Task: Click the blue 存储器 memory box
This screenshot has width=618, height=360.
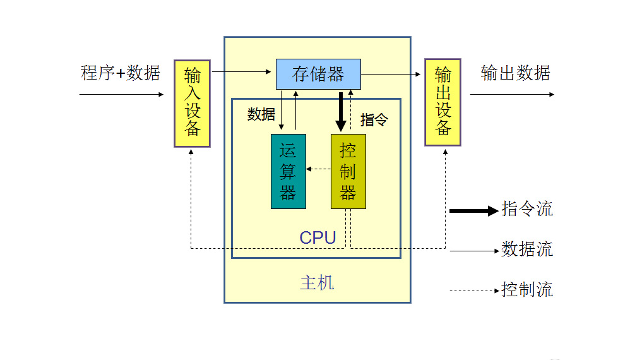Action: tap(318, 74)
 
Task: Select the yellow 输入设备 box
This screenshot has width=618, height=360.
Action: tap(192, 103)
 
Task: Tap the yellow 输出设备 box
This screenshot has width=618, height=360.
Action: tap(443, 103)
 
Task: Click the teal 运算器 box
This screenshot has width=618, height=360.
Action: tap(288, 171)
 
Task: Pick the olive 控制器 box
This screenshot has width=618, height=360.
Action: tap(348, 171)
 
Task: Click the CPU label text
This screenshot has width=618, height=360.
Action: tap(318, 238)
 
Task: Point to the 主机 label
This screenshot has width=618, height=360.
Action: tap(317, 282)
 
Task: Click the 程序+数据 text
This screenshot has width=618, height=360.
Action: tap(121, 73)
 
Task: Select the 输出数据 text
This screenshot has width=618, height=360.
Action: tap(515, 73)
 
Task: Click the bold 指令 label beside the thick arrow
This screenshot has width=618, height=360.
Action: tap(374, 120)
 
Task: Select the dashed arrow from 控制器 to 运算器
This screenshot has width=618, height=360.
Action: tap(319, 169)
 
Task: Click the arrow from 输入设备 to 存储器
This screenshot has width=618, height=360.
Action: tap(243, 73)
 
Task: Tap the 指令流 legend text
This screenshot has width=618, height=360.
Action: tap(527, 209)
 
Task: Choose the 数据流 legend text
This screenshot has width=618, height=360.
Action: tap(527, 249)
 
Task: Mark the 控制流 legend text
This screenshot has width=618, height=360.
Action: tap(527, 290)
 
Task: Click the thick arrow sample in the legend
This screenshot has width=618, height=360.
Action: tap(473, 211)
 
